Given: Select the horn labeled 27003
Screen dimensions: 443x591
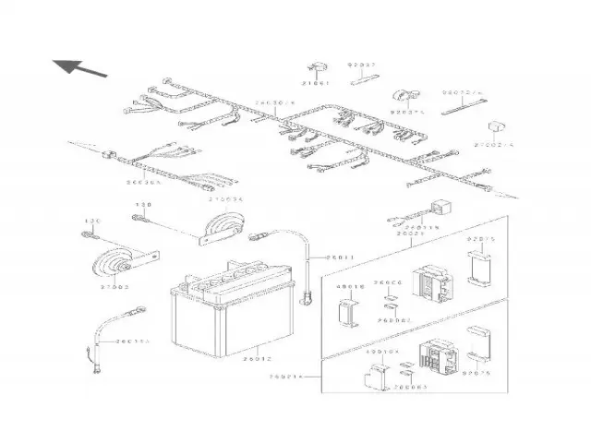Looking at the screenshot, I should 115,265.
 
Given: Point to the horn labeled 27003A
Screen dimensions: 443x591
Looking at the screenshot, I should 223,223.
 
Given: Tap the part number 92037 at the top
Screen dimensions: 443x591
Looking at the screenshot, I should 362,66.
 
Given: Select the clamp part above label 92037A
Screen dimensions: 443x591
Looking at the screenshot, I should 404,96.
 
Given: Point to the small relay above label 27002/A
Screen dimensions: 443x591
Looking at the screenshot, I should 496,126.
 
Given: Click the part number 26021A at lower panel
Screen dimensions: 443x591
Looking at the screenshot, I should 285,377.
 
